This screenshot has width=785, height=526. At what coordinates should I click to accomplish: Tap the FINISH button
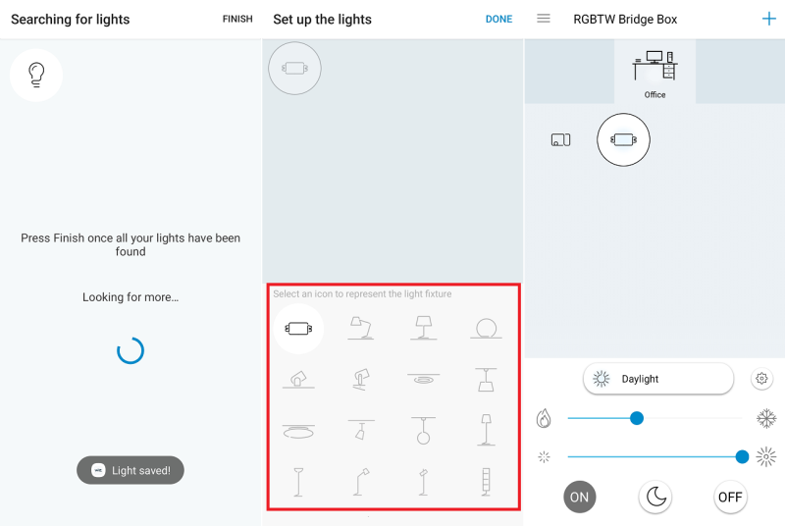pyautogui.click(x=237, y=19)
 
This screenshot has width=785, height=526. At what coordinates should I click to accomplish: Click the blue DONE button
pyautogui.click(x=498, y=19)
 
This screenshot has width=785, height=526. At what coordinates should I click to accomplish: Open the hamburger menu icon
pyautogui.click(x=544, y=19)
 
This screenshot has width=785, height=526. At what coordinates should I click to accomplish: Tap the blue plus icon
pyautogui.click(x=769, y=19)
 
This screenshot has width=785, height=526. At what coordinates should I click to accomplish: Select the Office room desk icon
pyautogui.click(x=654, y=66)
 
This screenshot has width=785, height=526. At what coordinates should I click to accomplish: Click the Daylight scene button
pyautogui.click(x=658, y=379)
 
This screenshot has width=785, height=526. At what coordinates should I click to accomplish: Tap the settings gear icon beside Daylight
pyautogui.click(x=761, y=379)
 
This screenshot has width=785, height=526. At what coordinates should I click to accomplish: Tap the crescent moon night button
pyautogui.click(x=655, y=497)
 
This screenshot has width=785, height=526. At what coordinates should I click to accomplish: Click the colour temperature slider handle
pyautogui.click(x=636, y=418)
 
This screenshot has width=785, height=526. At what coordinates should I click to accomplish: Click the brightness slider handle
pyautogui.click(x=742, y=456)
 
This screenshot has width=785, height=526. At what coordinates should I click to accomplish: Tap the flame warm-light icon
pyautogui.click(x=544, y=418)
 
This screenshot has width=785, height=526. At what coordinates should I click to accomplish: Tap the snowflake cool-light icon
pyautogui.click(x=766, y=418)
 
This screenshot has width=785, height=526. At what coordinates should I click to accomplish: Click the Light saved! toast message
pyautogui.click(x=131, y=470)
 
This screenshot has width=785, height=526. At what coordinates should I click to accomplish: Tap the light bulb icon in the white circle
pyautogui.click(x=36, y=75)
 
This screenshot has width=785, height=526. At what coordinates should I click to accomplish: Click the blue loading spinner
pyautogui.click(x=131, y=350)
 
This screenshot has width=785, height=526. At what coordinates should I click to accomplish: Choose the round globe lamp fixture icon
pyautogui.click(x=486, y=329)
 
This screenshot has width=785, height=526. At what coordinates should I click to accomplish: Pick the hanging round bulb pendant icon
pyautogui.click(x=424, y=431)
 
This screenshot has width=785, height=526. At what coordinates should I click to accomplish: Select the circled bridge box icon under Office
pyautogui.click(x=623, y=139)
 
